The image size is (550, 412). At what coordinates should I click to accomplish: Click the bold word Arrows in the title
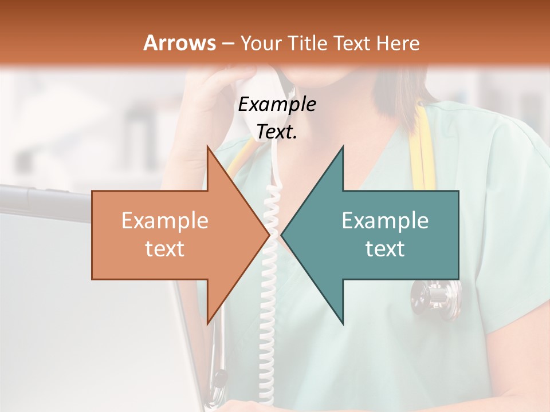180,43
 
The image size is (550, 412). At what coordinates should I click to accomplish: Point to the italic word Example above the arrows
277,104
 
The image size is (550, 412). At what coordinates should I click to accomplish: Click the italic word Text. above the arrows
277,132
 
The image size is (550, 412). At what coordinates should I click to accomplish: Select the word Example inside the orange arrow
165,221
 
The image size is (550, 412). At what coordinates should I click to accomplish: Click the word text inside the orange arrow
165,248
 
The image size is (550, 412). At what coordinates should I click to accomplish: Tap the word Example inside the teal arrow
385,221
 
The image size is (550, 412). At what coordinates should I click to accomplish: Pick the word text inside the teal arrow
385,248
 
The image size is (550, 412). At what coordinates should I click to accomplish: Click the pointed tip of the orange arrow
269,235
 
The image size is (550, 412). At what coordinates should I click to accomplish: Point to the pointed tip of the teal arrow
282,235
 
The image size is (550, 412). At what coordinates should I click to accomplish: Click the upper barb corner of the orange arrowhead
207,147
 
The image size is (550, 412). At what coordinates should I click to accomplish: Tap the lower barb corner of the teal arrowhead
343,324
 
